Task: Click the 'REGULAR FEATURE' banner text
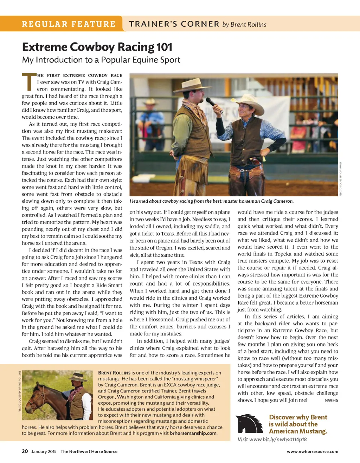coord(69,24)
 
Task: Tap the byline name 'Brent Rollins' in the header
coord(249,24)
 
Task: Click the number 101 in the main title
coord(164,47)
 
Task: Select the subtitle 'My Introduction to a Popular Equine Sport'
coord(101,60)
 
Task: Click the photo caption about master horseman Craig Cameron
coord(211,201)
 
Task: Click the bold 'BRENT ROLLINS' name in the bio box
coord(114,373)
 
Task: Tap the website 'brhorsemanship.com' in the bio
coord(193,433)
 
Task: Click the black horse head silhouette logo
coord(250,424)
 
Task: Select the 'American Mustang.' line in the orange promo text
coord(298,431)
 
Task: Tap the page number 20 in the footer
coord(25,451)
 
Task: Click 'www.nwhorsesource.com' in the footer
coord(312,451)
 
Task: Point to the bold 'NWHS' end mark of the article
coord(331,400)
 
